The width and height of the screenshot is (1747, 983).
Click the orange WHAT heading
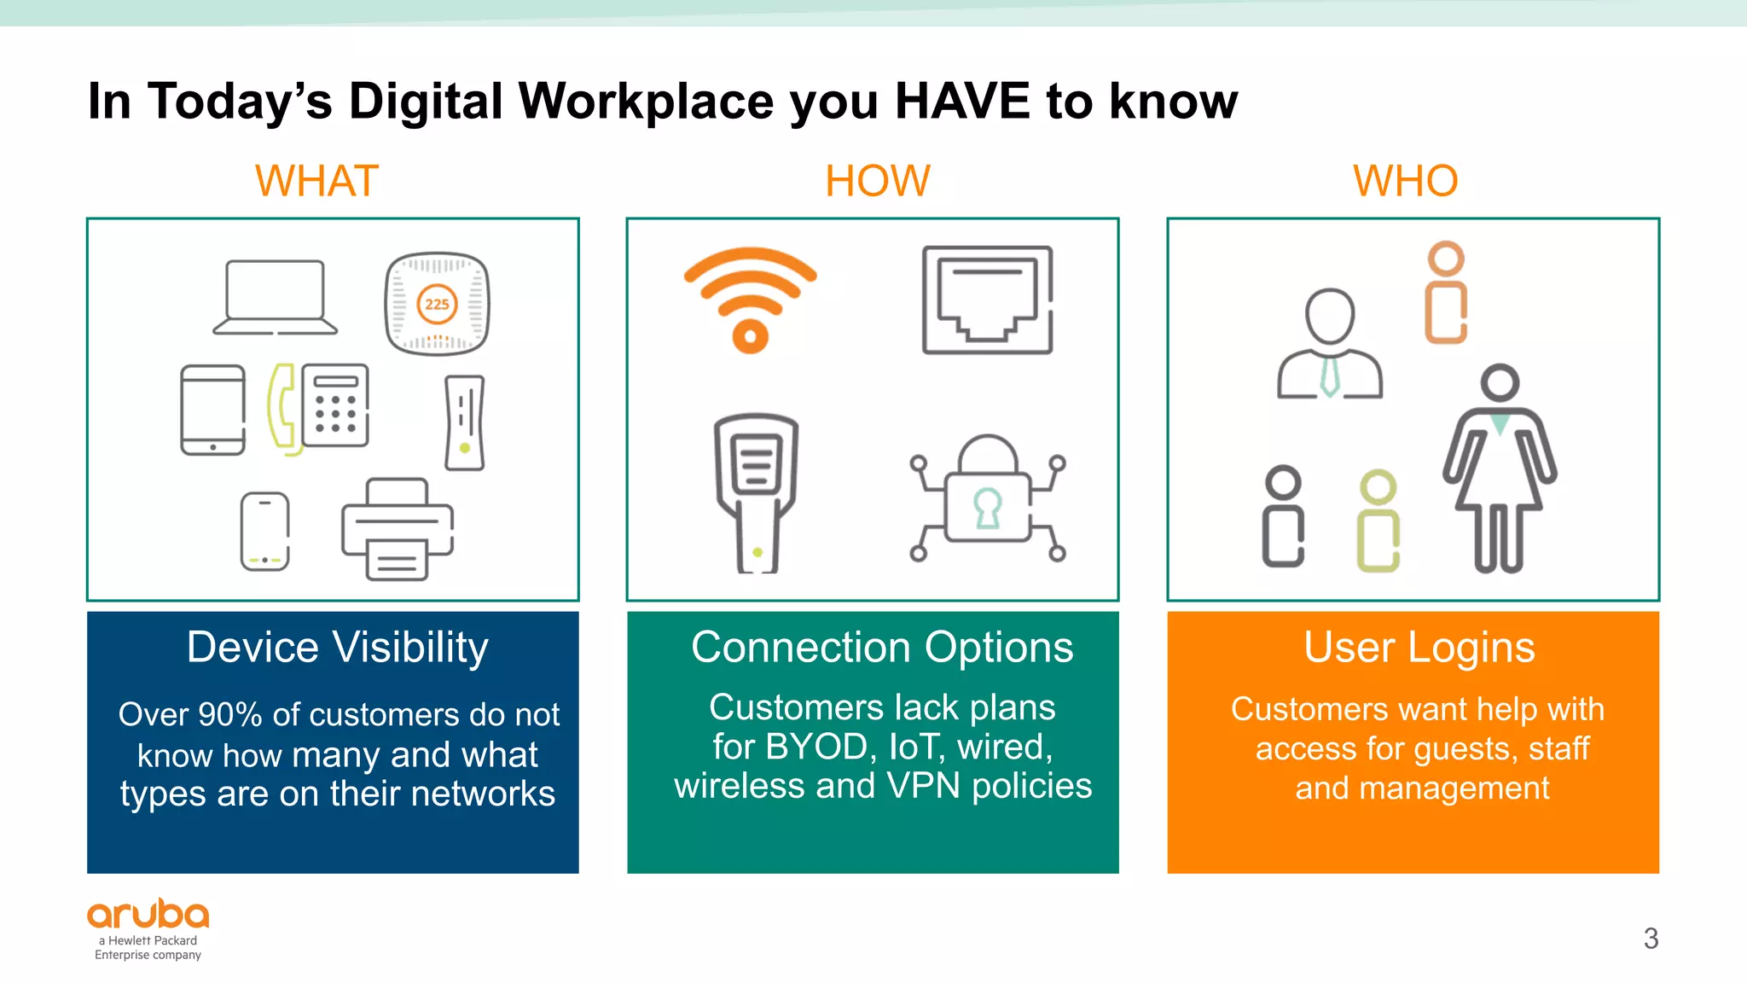point(316,181)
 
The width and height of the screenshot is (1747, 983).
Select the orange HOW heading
point(877,181)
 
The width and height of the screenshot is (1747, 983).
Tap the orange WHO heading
point(1405,181)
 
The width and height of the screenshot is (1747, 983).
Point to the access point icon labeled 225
point(437,304)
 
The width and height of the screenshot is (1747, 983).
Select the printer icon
point(398,530)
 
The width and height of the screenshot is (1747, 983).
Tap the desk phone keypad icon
point(334,405)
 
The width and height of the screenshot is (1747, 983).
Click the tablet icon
point(212,410)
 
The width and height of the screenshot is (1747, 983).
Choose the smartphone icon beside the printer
point(264,531)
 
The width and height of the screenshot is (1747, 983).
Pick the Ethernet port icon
point(987,300)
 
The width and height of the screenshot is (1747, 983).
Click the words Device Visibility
point(338,648)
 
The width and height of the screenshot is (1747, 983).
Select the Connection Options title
point(882,648)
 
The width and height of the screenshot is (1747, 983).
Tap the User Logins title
point(1419,648)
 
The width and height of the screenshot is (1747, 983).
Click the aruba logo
point(148,916)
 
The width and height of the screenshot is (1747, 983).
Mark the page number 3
point(1651,939)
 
